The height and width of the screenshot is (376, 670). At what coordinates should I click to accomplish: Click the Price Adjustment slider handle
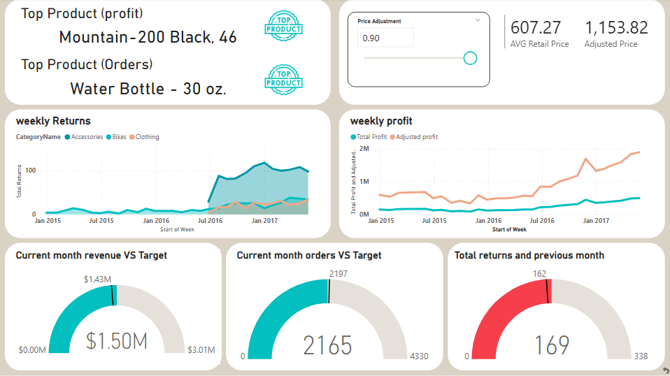(470, 58)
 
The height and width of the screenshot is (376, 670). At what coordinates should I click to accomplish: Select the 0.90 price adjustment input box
(385, 38)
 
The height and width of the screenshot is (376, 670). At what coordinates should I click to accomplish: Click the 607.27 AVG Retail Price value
(536, 28)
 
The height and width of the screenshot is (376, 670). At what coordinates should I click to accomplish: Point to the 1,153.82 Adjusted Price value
(616, 28)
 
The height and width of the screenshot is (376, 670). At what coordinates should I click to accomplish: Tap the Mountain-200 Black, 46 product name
(148, 38)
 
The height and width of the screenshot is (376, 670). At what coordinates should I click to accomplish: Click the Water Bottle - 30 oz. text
(148, 89)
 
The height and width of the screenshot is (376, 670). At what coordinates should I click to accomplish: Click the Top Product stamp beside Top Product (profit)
(283, 24)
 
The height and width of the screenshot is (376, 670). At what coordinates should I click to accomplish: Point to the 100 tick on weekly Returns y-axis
(30, 171)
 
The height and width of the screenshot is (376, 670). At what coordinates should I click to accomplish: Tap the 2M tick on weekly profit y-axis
(364, 149)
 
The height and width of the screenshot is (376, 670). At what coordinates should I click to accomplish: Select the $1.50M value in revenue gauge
(117, 341)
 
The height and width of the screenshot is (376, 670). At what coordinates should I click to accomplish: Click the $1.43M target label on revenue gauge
(97, 279)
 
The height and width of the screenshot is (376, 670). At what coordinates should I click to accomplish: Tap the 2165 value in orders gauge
(328, 345)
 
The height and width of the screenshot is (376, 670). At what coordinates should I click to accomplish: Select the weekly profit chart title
(381, 121)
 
